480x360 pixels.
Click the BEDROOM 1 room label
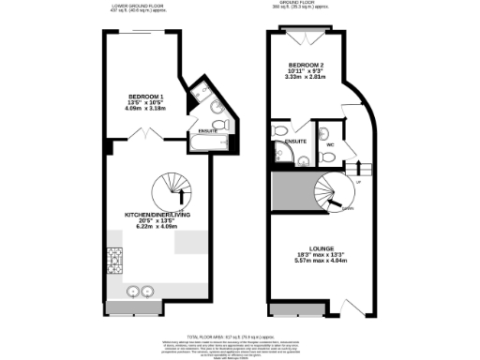pos(146,97)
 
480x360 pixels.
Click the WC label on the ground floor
pos(329,145)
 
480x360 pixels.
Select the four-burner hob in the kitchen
pos(115,259)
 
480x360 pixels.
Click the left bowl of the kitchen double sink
pos(134,291)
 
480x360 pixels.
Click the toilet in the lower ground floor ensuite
pos(218,125)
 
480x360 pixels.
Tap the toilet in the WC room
pos(328,130)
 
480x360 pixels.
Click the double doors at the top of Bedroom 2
pos(306,37)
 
